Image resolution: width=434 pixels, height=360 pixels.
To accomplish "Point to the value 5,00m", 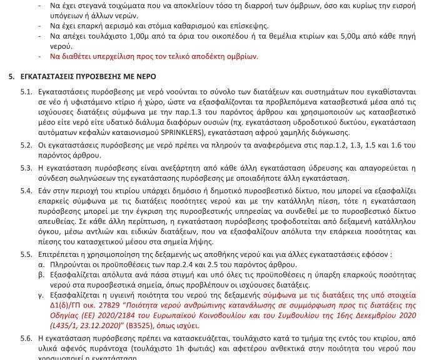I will [370, 37].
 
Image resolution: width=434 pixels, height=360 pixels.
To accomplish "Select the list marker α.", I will [41, 264].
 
